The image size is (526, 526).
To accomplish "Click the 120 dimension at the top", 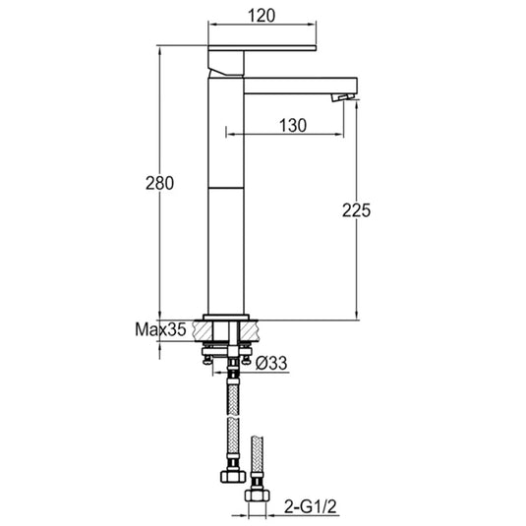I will (262, 15).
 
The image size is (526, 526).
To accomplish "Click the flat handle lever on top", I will (261, 47).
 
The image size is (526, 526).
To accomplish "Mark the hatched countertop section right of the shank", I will (251, 329).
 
